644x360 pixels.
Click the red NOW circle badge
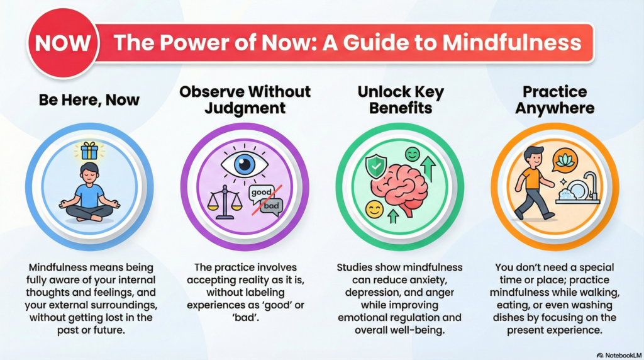[62, 43]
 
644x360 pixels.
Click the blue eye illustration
[244, 164]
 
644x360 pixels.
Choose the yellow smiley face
[374, 210]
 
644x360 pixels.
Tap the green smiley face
[413, 154]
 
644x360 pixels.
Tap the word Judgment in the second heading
[245, 108]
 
